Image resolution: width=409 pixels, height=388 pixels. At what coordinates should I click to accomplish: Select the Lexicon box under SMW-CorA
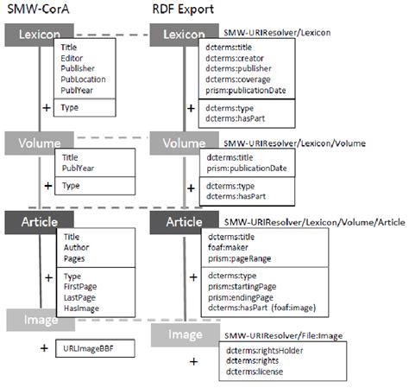click(x=35, y=35)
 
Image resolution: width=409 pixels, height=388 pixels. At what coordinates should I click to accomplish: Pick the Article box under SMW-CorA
click(x=35, y=221)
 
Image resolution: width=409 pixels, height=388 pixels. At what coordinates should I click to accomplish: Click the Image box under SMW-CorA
click(x=35, y=321)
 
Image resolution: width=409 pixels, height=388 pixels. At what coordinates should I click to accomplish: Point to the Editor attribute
click(x=73, y=56)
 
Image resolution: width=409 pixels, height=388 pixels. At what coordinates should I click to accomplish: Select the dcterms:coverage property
click(x=237, y=78)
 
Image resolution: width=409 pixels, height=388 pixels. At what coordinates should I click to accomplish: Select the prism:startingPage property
click(x=244, y=287)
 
